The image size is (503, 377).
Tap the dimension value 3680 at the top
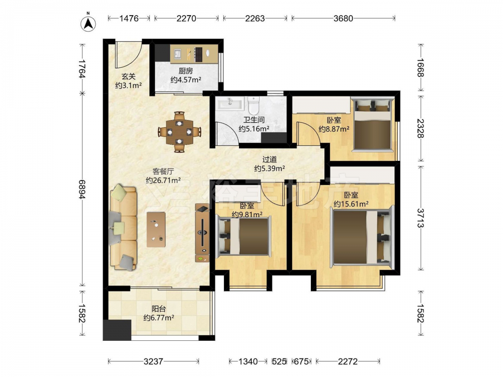pyautogui.click(x=343, y=18)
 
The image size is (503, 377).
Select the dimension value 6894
pyautogui.click(x=82, y=189)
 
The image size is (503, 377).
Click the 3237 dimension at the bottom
pyautogui.click(x=153, y=361)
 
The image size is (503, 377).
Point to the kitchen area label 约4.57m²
pyautogui.click(x=186, y=79)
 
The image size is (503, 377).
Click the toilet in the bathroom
pyautogui.click(x=254, y=106)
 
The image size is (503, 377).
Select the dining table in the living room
pyautogui.click(x=180, y=132)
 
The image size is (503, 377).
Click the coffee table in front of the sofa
pyautogui.click(x=156, y=230)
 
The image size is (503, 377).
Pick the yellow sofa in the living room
pyautogui.click(x=123, y=227)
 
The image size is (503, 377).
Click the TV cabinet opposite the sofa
pyautogui.click(x=202, y=233)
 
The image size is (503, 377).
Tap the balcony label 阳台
pyautogui.click(x=159, y=309)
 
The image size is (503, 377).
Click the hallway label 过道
pyautogui.click(x=270, y=159)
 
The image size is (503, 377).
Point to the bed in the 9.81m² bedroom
pyautogui.click(x=244, y=236)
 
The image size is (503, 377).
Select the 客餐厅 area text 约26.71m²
pyautogui.click(x=163, y=180)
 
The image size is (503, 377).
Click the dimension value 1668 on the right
pyautogui.click(x=420, y=68)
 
